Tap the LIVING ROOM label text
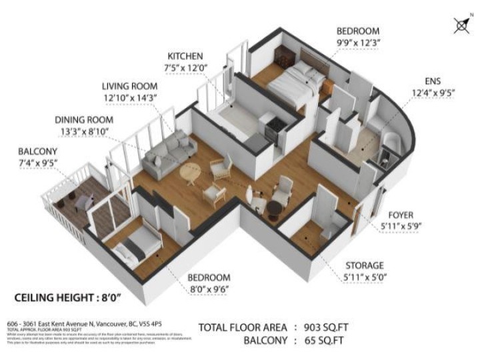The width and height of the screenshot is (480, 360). (x=129, y=87)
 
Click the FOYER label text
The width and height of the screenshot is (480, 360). (x=401, y=215)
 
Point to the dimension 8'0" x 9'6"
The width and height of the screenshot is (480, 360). (x=208, y=289)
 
